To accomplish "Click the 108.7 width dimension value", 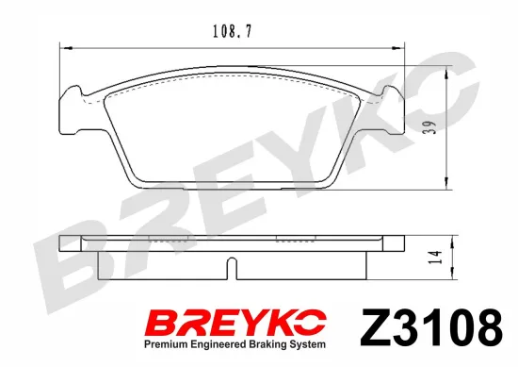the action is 232,32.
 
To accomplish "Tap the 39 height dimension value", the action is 429,126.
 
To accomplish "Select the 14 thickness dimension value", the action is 435,258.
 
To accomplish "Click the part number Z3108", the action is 431,327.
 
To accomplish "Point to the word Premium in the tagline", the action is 162,344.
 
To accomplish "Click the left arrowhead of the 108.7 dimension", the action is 67,49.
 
